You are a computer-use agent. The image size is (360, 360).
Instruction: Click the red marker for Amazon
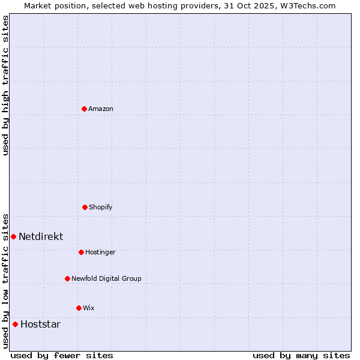(84, 109)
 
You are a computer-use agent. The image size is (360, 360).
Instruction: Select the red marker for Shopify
(85, 207)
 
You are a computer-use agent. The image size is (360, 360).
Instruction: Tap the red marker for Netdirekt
(13, 236)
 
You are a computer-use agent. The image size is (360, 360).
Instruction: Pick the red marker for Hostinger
(81, 252)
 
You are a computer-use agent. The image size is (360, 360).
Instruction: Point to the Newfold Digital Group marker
(67, 278)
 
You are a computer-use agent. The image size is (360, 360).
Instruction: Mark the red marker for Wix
(79, 308)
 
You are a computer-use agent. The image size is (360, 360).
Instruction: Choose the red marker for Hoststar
(15, 324)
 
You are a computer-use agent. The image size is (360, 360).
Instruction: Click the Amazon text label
(101, 109)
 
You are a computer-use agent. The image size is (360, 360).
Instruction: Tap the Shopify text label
(101, 207)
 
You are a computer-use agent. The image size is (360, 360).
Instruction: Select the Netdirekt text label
(41, 236)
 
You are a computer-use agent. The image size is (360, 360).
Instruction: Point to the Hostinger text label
(100, 252)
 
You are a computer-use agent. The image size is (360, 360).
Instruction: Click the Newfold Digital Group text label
(106, 278)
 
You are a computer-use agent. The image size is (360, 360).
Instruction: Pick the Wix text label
(89, 308)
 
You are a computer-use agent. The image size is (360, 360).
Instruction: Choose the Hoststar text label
(40, 324)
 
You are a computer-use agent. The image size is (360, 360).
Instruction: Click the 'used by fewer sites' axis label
(62, 355)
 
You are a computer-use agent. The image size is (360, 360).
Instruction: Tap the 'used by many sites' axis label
(301, 355)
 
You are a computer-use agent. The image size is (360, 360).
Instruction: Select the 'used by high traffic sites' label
(5, 85)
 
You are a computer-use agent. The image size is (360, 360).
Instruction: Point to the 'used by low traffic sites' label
(5, 280)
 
